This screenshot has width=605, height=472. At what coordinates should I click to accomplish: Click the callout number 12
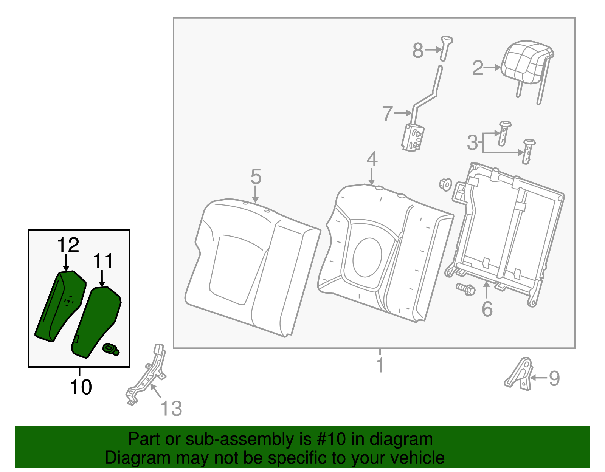tap(68, 245)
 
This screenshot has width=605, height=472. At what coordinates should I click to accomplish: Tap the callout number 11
tap(103, 261)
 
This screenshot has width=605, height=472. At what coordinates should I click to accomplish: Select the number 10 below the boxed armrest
tap(81, 387)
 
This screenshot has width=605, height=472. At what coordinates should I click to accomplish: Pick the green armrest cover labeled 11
tap(96, 321)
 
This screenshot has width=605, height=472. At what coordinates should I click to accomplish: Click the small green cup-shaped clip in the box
tap(111, 349)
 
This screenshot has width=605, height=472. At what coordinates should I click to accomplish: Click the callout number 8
tap(417, 50)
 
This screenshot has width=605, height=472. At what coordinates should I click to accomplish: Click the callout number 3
tap(472, 143)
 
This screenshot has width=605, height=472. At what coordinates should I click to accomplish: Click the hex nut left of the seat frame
tap(445, 184)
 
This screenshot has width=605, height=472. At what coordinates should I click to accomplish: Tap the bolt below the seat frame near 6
tap(465, 289)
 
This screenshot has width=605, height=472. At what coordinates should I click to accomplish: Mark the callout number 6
tap(487, 309)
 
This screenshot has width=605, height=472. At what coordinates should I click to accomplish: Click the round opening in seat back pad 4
tap(367, 257)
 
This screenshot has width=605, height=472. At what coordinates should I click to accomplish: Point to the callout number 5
tap(256, 177)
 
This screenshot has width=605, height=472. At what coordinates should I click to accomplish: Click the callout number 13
tap(171, 409)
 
